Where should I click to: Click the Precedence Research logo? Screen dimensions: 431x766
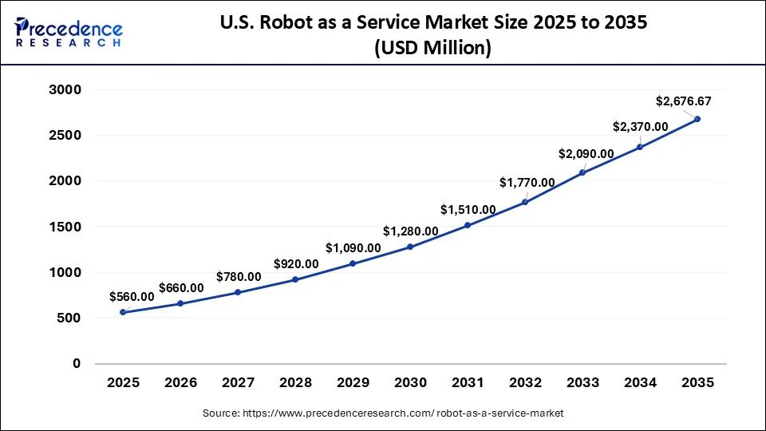(x=69, y=31)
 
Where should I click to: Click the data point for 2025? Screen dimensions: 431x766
(x=122, y=312)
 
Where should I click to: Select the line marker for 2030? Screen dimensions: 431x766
(x=410, y=247)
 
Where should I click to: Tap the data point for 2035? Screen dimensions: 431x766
(x=697, y=119)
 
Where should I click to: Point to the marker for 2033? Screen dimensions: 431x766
(x=582, y=172)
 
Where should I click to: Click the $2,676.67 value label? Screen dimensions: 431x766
(x=683, y=101)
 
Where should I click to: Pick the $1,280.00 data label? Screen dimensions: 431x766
(x=410, y=231)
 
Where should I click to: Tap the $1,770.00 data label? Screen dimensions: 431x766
(x=527, y=183)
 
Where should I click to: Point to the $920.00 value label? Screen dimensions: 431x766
(x=296, y=264)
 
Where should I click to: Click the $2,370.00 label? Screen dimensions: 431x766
(x=641, y=127)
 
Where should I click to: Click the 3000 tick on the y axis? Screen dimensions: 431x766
(x=66, y=90)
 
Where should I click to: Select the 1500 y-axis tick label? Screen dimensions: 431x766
(x=66, y=227)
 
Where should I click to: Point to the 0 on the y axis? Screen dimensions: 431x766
(x=77, y=364)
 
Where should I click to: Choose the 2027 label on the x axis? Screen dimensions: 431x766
(x=238, y=383)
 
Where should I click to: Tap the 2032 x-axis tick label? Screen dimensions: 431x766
(x=525, y=383)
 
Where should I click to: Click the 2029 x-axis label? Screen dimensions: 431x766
(x=353, y=383)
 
